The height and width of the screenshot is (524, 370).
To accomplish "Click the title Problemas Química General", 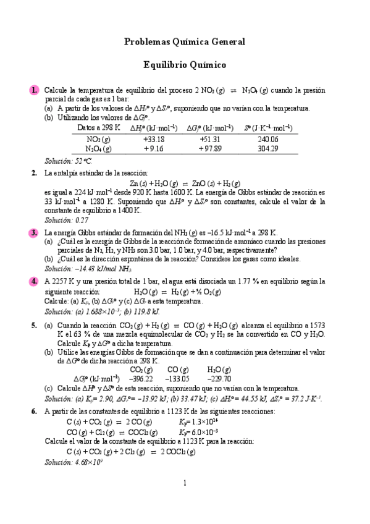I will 185,42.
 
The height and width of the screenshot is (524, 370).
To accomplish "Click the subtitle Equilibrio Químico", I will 185,64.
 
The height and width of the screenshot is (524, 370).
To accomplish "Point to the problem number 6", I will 35,412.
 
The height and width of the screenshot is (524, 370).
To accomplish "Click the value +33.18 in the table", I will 153,139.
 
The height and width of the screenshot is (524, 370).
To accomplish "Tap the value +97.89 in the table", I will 210,148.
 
